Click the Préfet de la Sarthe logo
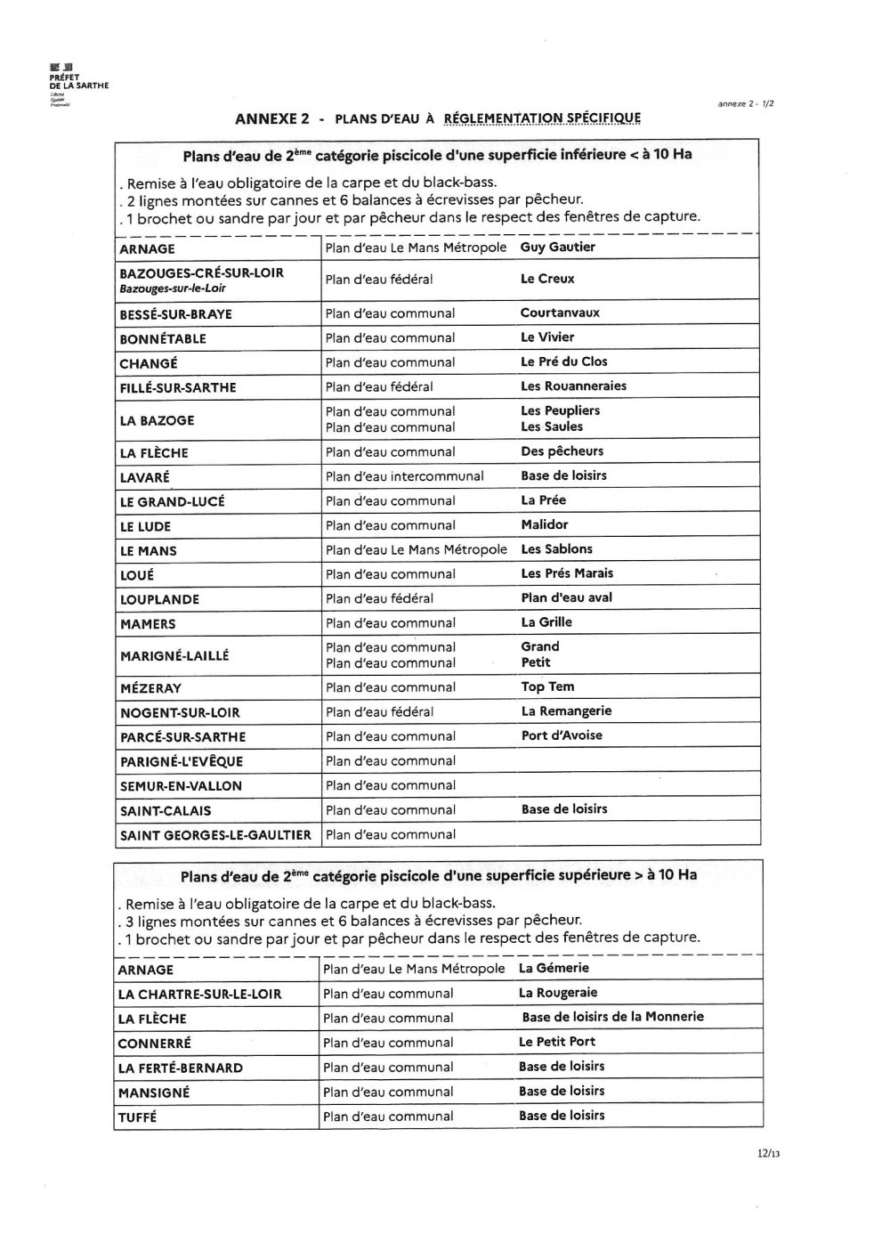pos(78,85)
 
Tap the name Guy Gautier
pos(557,248)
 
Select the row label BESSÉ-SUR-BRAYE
pos(175,314)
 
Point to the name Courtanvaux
pos(560,313)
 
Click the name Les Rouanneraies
pos(573,386)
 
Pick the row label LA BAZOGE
pos(157,420)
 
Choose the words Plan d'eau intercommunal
pos(404,476)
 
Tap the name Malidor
pos(544,525)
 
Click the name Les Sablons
pos(556,549)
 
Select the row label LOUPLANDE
pos(159,599)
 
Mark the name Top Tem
pos(547,687)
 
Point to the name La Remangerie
pos(566,711)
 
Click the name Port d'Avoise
pos(562,735)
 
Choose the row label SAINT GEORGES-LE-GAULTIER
pos(215,835)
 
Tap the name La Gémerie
pos(554,968)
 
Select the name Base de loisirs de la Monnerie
pos(612,1017)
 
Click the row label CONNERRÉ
pos(154,1043)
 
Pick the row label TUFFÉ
pos(137,1117)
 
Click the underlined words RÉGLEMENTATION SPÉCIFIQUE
pos(541,118)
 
